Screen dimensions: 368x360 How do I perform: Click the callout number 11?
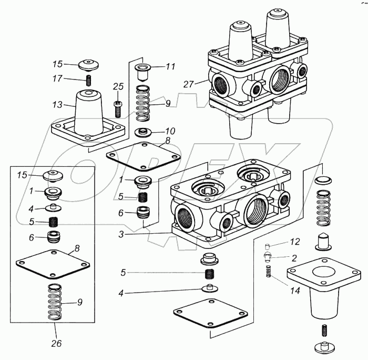pyautogui.click(x=171, y=66)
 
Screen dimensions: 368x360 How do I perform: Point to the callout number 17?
pyautogui.click(x=57, y=78)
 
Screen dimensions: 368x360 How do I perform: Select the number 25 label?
pyautogui.click(x=118, y=86)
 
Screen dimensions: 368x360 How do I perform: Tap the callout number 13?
pyautogui.click(x=57, y=105)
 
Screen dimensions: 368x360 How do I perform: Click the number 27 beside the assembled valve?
pyautogui.click(x=188, y=84)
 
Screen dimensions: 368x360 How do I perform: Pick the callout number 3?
pyautogui.click(x=121, y=234)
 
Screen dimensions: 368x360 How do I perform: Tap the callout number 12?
pyautogui.click(x=295, y=242)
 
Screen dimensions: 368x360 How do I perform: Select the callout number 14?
pyautogui.click(x=295, y=291)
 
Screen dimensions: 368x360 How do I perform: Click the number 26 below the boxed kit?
pyautogui.click(x=56, y=343)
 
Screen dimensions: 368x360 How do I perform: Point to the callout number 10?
pyautogui.click(x=170, y=131)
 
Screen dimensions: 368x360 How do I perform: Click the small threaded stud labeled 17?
pyautogui.click(x=89, y=80)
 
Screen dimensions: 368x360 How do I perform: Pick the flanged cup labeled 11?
pyautogui.click(x=142, y=72)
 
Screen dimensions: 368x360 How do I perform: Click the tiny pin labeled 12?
pyautogui.click(x=267, y=247)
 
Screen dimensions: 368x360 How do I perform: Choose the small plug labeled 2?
pyautogui.click(x=267, y=257)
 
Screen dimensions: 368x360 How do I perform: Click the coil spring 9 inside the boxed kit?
pyautogui.click(x=55, y=302)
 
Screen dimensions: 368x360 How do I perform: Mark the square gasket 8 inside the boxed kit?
pyautogui.click(x=53, y=264)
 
